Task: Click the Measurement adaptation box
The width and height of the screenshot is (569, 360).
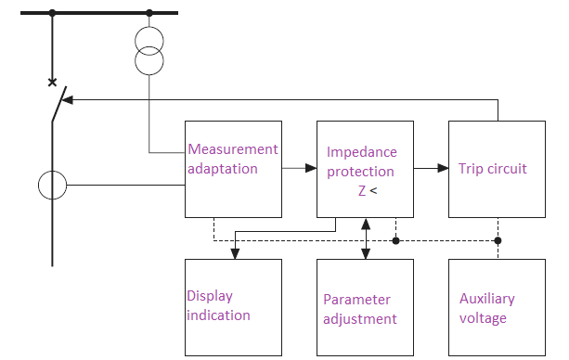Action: [233, 168]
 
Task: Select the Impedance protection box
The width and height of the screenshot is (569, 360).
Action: [365, 168]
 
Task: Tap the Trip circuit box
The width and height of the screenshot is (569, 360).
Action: [497, 168]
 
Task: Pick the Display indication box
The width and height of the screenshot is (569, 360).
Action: [233, 307]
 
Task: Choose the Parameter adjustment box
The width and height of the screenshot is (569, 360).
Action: [365, 307]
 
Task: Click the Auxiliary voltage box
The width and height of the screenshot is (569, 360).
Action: [497, 307]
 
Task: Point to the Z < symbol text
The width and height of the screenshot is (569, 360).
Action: [368, 191]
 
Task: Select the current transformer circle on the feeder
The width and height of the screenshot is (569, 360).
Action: [52, 186]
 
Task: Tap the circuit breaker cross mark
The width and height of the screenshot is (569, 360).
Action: [52, 83]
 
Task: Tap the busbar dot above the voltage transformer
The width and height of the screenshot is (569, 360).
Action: [149, 13]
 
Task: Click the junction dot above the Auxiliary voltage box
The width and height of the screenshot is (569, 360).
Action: [498, 240]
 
